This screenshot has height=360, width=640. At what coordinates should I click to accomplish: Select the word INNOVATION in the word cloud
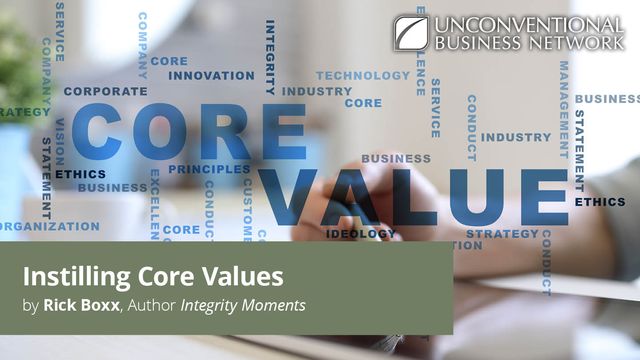[x=211, y=75]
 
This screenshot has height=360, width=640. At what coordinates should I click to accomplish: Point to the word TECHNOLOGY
[x=363, y=75]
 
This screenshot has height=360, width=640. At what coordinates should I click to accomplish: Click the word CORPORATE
[x=105, y=91]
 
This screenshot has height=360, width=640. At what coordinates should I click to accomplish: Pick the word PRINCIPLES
[x=209, y=169]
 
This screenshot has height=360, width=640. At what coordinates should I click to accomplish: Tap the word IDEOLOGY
[x=359, y=234]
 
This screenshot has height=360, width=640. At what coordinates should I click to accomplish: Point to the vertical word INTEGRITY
[x=270, y=55]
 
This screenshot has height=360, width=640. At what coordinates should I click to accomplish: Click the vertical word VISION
[x=59, y=141]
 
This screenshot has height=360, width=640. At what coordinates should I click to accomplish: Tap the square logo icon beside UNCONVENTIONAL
[x=410, y=32]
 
